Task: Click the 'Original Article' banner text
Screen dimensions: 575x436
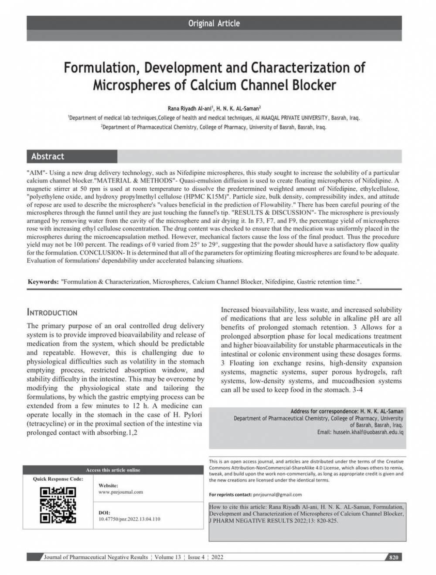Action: click(214, 23)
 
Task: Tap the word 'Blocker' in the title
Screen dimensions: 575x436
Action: click(311, 85)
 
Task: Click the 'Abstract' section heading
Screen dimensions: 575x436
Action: click(48, 156)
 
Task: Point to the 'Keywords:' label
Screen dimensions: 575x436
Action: click(43, 282)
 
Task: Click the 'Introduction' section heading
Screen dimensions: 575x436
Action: click(52, 313)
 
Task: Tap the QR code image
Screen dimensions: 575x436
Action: click(58, 505)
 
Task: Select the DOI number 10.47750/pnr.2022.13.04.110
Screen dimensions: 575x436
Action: click(129, 519)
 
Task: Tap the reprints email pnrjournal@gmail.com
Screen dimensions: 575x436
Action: click(277, 495)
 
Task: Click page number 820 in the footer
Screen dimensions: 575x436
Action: click(394, 558)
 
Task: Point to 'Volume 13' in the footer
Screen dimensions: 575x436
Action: click(167, 558)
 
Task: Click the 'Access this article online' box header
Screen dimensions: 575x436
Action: click(113, 470)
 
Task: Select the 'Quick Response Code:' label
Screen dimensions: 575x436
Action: click(58, 479)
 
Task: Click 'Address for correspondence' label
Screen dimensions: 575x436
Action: click(324, 411)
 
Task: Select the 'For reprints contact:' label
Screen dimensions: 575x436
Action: click(230, 495)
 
